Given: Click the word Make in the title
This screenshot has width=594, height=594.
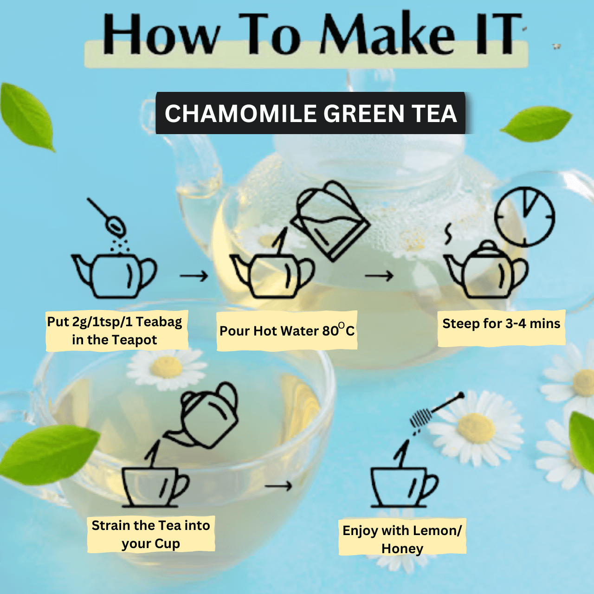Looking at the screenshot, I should pos(387,35).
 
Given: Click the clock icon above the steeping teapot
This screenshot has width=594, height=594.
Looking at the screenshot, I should pos(524,217).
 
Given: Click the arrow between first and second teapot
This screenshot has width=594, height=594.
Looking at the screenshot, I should pos(194,277).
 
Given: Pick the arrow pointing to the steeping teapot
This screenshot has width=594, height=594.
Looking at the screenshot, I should pos(379,277).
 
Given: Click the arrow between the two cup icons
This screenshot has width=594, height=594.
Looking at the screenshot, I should pos(278,486).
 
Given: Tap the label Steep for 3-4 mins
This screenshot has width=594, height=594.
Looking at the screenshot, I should pos(501,324).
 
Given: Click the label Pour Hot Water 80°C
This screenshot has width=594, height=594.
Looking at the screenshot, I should pos(287,331).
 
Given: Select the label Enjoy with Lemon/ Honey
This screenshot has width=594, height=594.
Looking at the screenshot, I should pos(402,539).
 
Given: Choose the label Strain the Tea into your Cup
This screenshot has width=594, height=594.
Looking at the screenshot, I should pos(151,534).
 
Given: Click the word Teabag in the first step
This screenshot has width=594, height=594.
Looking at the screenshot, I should pos(159,322).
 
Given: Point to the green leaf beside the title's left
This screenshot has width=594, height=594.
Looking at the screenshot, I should pos(27,116).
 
